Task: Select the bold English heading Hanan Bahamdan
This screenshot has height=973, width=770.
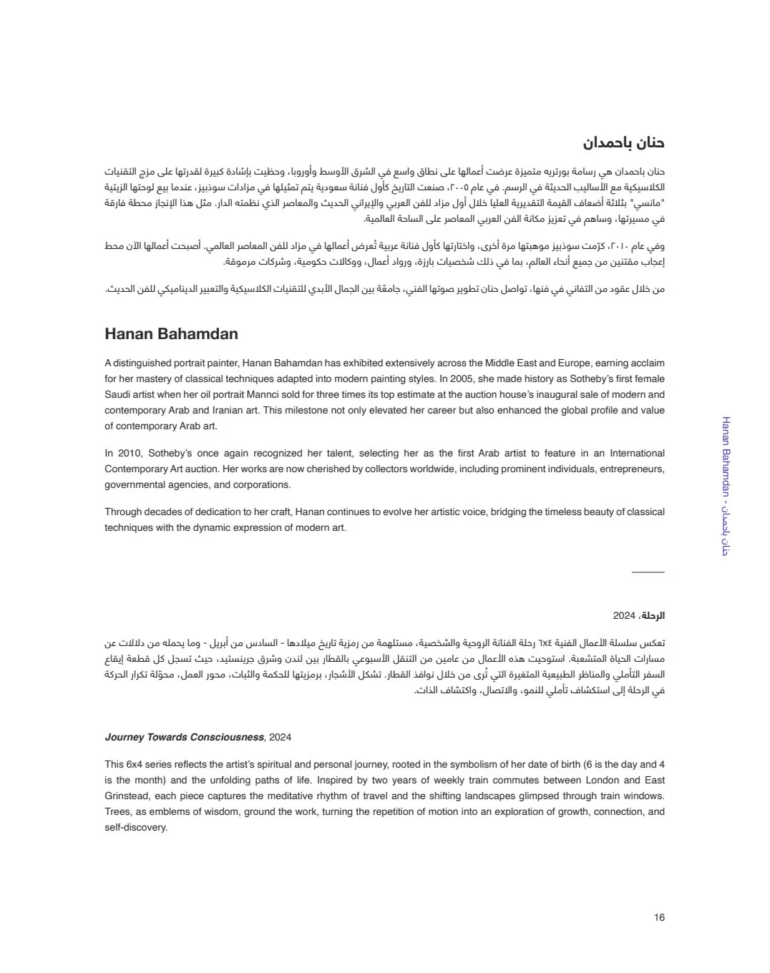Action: [x=171, y=334]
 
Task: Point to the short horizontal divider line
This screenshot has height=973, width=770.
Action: [x=648, y=572]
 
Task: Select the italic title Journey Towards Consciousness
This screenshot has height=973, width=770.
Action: [x=185, y=737]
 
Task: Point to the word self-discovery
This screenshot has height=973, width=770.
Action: [x=135, y=828]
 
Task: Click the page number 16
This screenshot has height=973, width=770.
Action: [x=659, y=918]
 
